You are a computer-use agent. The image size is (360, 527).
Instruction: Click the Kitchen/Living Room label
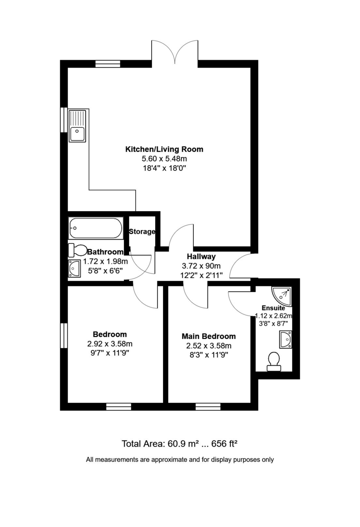164,149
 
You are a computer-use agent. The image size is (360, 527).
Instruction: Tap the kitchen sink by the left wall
78,126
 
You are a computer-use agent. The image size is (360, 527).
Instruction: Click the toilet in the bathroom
78,250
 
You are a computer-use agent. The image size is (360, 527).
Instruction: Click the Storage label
142,231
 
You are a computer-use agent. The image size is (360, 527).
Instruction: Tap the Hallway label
201,256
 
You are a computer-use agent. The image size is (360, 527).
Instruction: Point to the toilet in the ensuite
274,361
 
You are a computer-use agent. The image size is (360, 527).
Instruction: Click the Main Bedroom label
209,336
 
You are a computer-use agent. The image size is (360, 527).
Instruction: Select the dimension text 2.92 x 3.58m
109,344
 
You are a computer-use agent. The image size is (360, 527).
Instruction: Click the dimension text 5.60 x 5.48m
164,159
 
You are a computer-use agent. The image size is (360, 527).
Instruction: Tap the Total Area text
179,444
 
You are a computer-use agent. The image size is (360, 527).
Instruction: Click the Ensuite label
273,308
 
